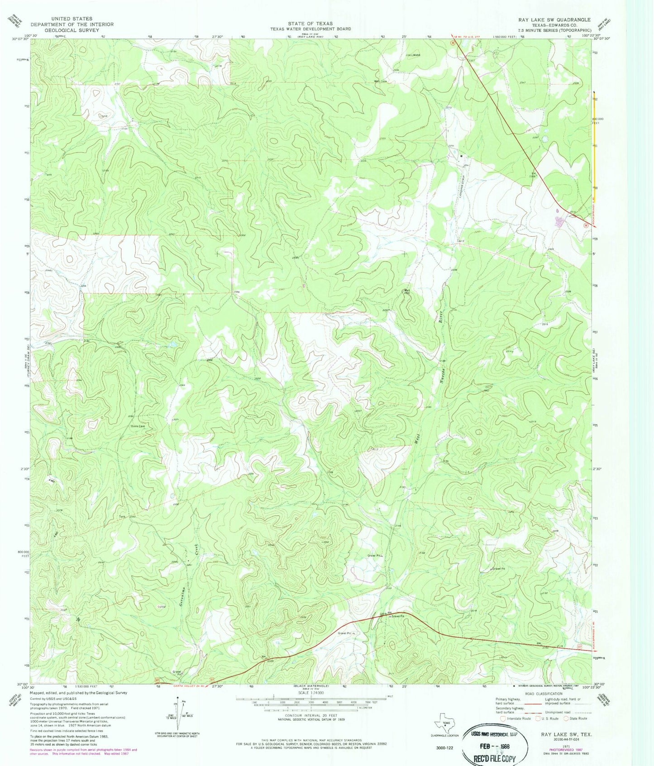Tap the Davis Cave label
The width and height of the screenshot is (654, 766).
click(138, 426)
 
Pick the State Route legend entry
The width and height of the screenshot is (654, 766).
click(575, 718)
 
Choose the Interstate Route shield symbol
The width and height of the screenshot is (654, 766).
click(502, 718)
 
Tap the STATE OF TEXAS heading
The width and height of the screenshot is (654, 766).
click(310, 24)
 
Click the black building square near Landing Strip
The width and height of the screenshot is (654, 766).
click(461, 157)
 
